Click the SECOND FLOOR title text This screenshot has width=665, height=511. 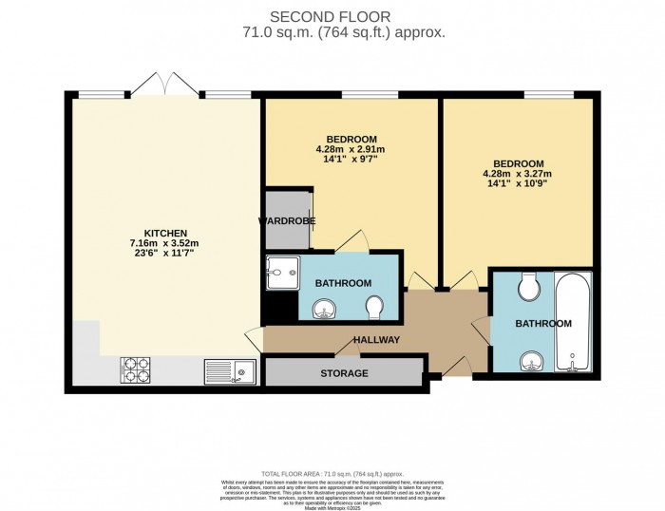point(332,16)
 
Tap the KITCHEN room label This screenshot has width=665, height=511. point(164,233)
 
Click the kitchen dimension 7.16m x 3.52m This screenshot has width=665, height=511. point(164,244)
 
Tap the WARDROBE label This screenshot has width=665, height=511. point(287,221)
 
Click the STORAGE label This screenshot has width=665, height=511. point(343,373)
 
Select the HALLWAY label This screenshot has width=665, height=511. point(376,340)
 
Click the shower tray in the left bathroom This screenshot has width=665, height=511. point(282,269)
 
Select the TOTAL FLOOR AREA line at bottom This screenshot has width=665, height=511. point(332,472)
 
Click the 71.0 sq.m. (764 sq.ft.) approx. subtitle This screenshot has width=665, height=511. point(332,31)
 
